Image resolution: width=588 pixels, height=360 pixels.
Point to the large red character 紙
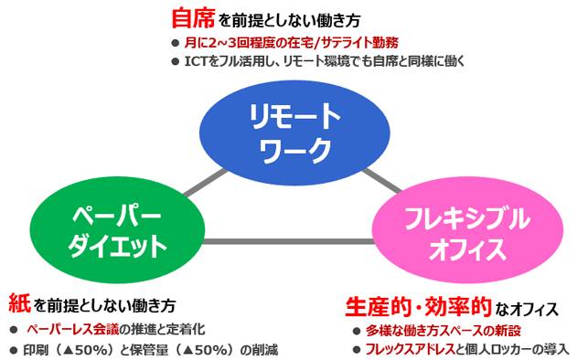coord(18,302)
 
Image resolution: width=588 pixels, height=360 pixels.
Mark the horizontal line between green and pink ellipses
coord(293,242)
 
